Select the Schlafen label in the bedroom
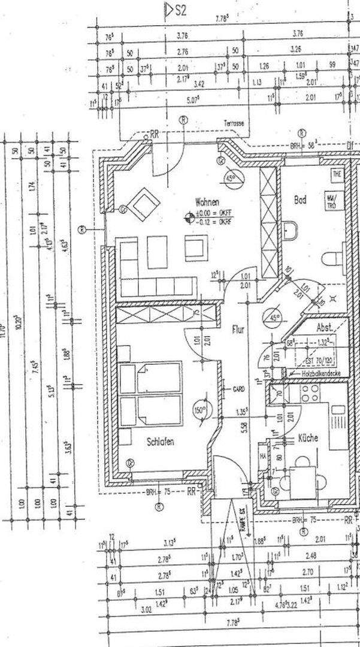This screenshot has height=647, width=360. pos(161,442)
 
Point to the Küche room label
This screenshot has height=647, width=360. pos(307,438)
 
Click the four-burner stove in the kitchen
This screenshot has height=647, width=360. pos(310,394)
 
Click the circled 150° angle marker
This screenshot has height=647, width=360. pos(199,412)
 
